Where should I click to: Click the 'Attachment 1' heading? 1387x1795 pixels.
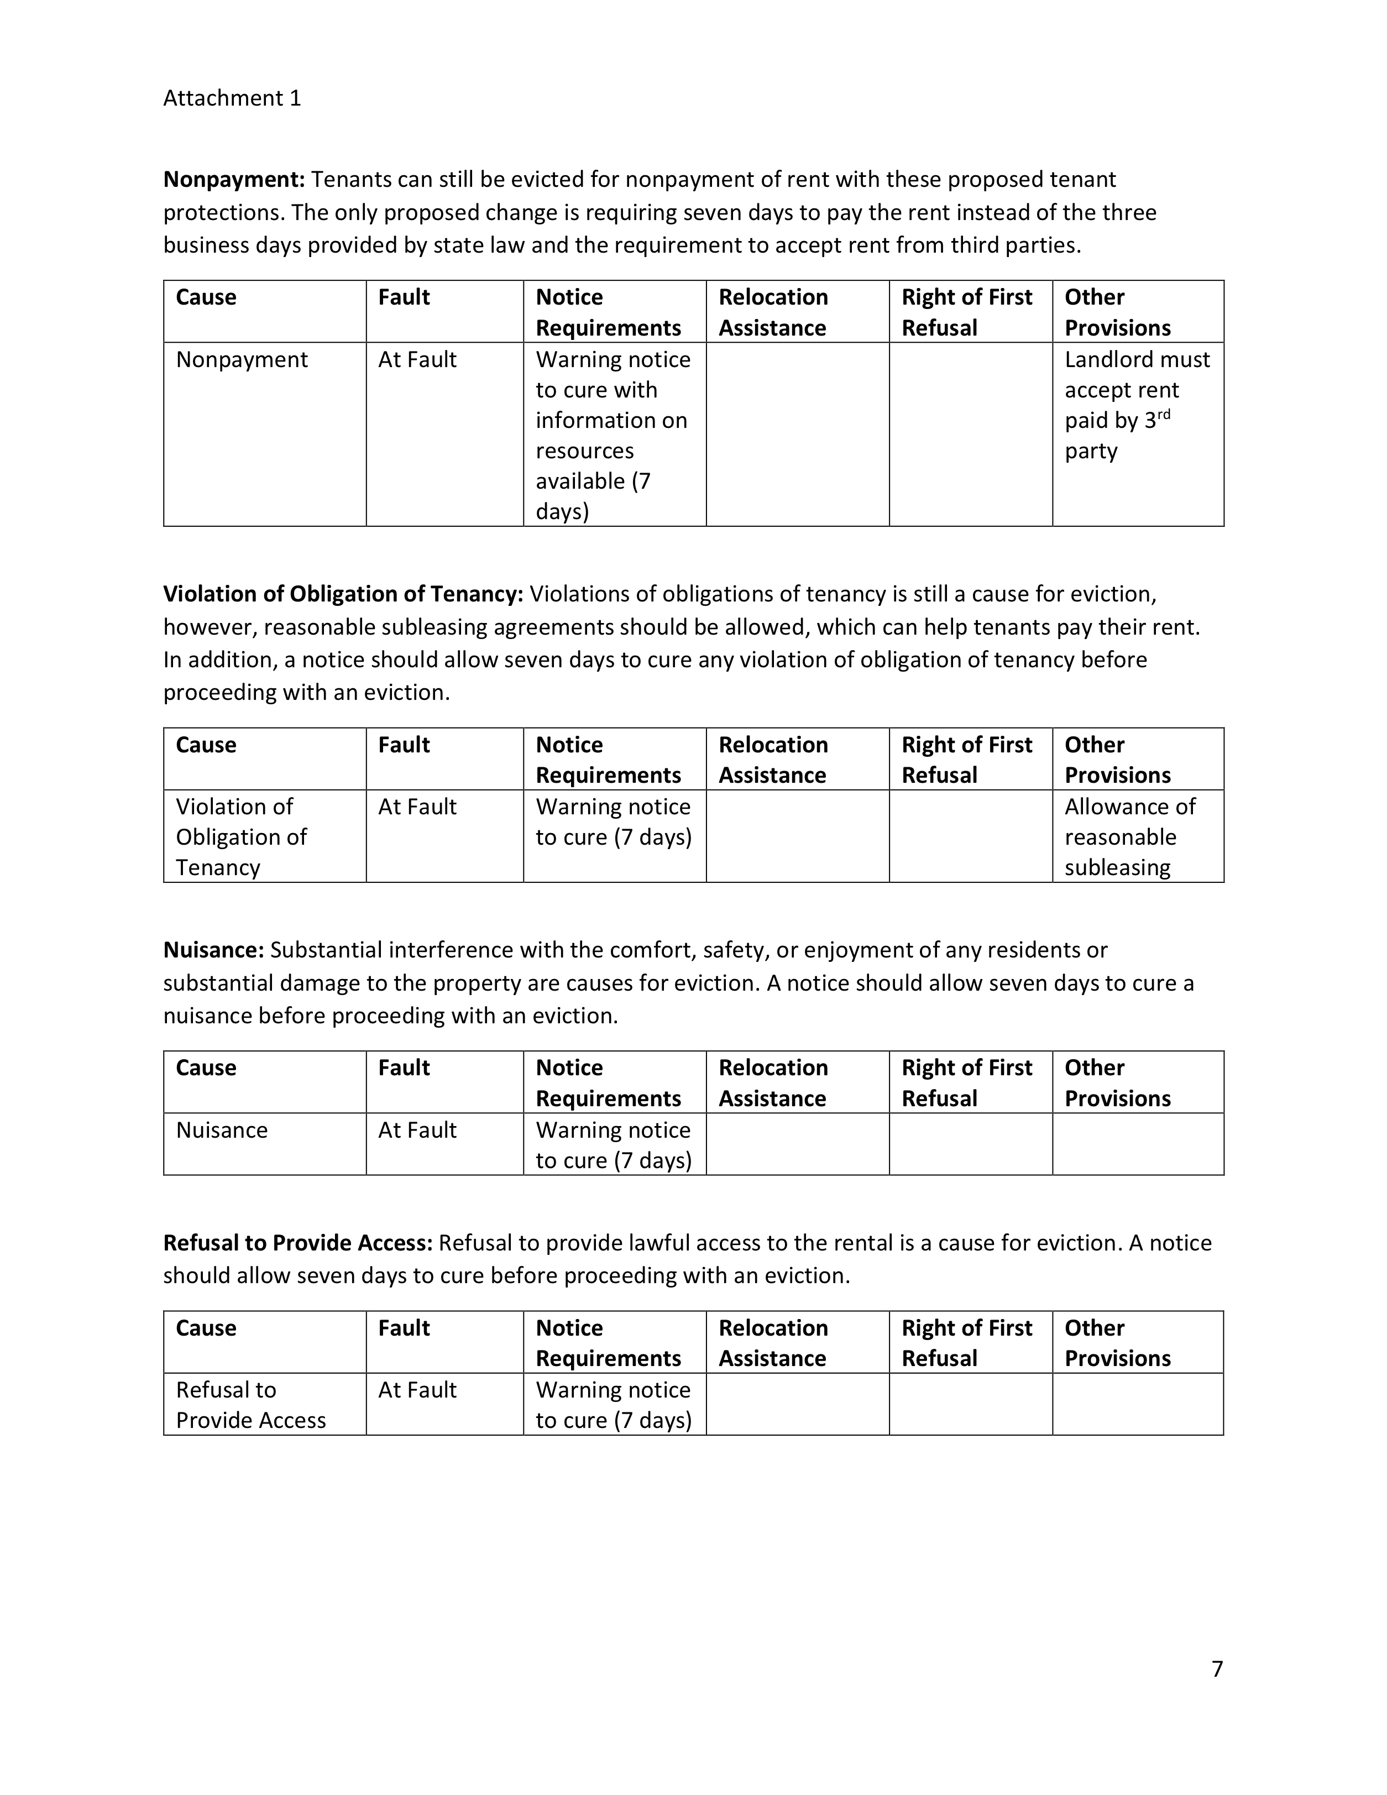pyautogui.click(x=232, y=98)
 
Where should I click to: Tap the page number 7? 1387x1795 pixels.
pyautogui.click(x=1217, y=1668)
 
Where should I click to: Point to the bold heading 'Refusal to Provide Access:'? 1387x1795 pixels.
pyautogui.click(x=297, y=1243)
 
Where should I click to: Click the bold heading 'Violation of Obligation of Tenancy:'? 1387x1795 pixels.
pyautogui.click(x=343, y=594)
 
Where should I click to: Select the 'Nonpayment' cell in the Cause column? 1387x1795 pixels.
pyautogui.click(x=242, y=360)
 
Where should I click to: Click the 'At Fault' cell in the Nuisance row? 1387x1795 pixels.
pyautogui.click(x=417, y=1130)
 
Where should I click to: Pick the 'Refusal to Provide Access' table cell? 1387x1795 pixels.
pyautogui.click(x=250, y=1405)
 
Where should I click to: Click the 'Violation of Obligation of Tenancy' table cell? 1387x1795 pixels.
pyautogui.click(x=241, y=836)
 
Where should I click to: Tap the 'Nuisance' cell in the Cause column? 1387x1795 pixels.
pyautogui.click(x=222, y=1130)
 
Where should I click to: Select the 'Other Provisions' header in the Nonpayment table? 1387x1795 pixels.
pyautogui.click(x=1117, y=312)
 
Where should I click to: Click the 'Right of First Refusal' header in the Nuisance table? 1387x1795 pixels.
pyautogui.click(x=966, y=1082)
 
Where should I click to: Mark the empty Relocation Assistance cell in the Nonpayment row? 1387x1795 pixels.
pyautogui.click(x=797, y=434)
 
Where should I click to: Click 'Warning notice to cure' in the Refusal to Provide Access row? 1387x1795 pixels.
pyautogui.click(x=613, y=1405)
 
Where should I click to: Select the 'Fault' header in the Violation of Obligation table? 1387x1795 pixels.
pyautogui.click(x=404, y=745)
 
